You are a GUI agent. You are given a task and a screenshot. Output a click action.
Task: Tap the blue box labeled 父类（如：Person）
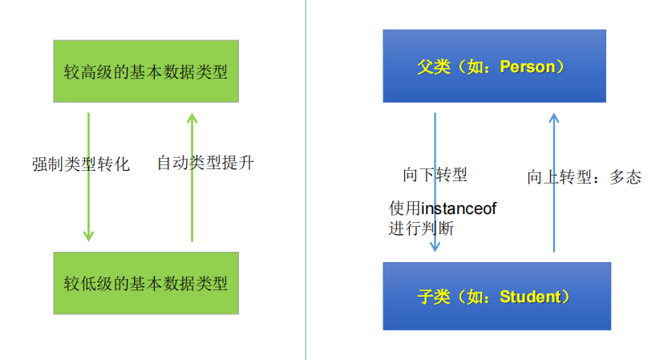494,67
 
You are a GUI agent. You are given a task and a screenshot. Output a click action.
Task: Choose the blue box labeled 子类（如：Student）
496,297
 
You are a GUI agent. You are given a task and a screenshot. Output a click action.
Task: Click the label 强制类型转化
81,164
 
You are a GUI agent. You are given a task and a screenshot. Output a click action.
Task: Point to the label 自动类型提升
205,164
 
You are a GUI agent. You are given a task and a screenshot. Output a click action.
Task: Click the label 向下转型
435,175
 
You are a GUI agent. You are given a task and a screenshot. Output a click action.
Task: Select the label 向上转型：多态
584,177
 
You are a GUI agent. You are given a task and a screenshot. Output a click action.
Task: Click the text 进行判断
422,229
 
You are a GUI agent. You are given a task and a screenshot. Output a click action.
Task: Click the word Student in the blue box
529,297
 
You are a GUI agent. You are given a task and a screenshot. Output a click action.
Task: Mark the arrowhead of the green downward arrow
88,236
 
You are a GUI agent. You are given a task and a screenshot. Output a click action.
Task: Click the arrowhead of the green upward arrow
191,118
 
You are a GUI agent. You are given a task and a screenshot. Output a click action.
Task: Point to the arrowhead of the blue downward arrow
435,246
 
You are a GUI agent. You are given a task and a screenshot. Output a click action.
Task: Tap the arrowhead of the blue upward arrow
553,118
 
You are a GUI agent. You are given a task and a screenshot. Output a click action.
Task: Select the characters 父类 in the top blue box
433,67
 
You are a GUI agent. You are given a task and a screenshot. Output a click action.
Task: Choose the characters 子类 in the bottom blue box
433,297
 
